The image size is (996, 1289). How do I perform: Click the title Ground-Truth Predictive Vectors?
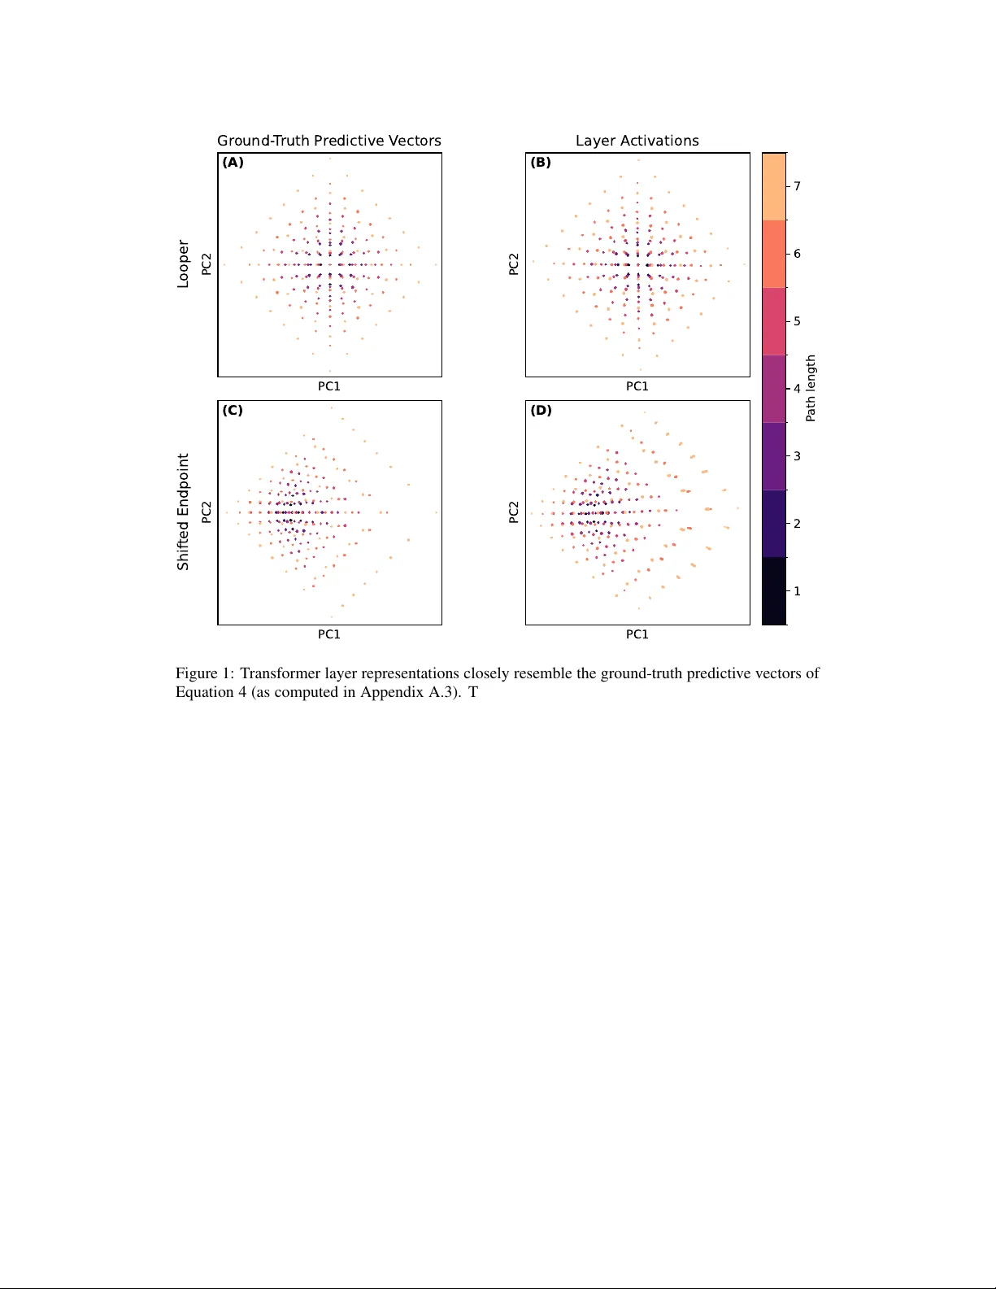(x=328, y=141)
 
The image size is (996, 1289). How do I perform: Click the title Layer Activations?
(x=637, y=141)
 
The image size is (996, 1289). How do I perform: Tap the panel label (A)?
(x=233, y=163)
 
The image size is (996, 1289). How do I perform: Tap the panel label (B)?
(x=541, y=163)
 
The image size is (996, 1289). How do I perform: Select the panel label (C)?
(x=233, y=411)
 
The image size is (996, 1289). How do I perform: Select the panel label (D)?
(x=541, y=411)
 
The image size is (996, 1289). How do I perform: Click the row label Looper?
(x=183, y=263)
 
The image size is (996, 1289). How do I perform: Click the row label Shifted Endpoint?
(x=183, y=512)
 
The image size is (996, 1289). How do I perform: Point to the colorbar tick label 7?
(x=797, y=186)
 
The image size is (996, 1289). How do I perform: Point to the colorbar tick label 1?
(x=797, y=591)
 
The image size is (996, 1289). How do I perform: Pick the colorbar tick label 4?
(x=797, y=389)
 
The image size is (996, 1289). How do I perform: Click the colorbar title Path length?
(x=811, y=388)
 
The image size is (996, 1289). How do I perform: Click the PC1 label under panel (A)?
(x=328, y=386)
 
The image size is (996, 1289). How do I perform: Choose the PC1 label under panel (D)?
(x=637, y=634)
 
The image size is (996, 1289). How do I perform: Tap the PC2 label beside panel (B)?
(x=514, y=263)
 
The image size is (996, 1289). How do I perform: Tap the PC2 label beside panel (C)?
(x=207, y=512)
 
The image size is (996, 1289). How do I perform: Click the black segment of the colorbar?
(x=774, y=590)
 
